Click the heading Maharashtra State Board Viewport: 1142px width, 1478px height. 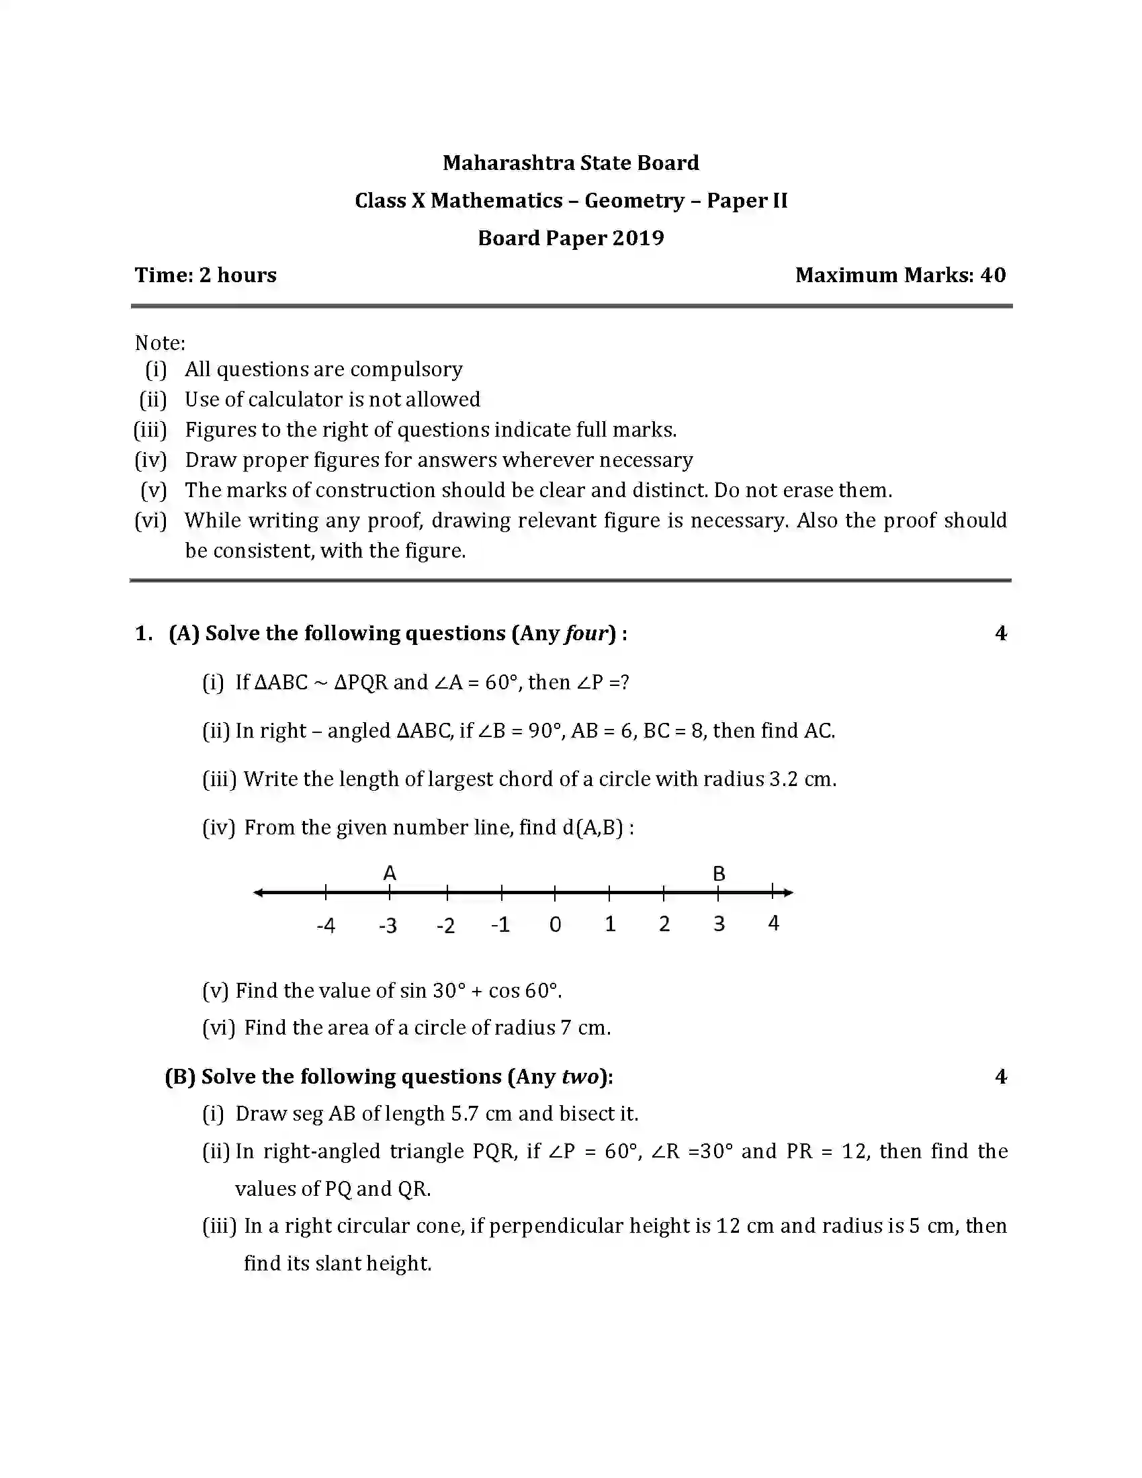click(x=570, y=163)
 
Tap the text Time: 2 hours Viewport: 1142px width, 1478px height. click(x=206, y=275)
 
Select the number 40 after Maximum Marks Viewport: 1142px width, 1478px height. click(x=992, y=275)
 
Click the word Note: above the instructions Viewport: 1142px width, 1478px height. click(x=160, y=343)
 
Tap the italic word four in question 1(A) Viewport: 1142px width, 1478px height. click(x=586, y=634)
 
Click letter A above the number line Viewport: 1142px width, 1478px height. click(x=389, y=873)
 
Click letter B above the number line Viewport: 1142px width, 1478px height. click(x=719, y=873)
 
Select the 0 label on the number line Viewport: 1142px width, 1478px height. click(x=555, y=924)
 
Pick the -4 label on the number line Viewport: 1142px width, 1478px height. click(x=325, y=925)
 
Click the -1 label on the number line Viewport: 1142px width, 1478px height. click(x=500, y=924)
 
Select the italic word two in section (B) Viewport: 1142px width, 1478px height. click(x=580, y=1077)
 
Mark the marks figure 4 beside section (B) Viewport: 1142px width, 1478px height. click(x=1001, y=1077)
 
